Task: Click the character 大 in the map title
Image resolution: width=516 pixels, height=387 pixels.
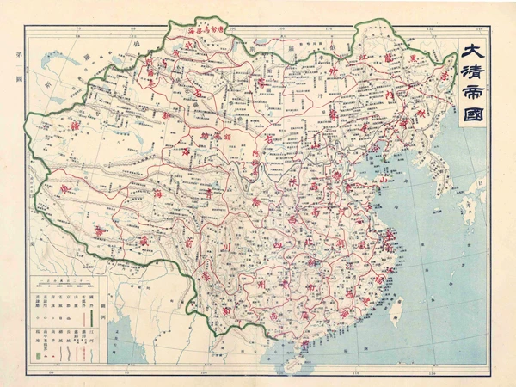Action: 472,52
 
